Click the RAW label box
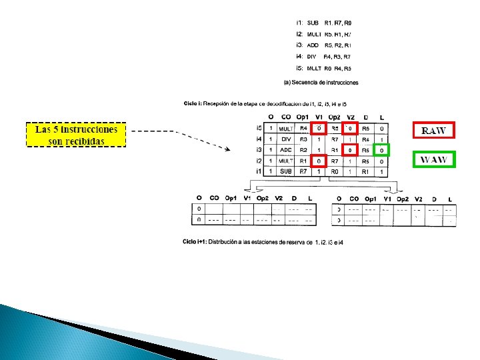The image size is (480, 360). pyautogui.click(x=433, y=130)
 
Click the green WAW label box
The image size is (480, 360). pyautogui.click(x=433, y=159)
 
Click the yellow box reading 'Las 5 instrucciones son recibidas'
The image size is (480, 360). pyautogui.click(x=77, y=134)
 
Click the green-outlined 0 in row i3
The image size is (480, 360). pyautogui.click(x=381, y=150)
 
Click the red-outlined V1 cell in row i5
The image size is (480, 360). pyautogui.click(x=319, y=128)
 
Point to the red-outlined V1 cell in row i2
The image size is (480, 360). pyautogui.click(x=319, y=161)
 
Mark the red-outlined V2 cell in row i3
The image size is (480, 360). pyautogui.click(x=351, y=150)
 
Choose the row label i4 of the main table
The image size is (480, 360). pyautogui.click(x=259, y=139)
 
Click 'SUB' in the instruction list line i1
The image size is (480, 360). pyautogui.click(x=313, y=22)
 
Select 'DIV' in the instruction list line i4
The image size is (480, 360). pyautogui.click(x=311, y=57)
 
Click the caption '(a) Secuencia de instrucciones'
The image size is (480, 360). pyautogui.click(x=321, y=83)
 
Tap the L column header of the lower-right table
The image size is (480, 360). pyautogui.click(x=450, y=199)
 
